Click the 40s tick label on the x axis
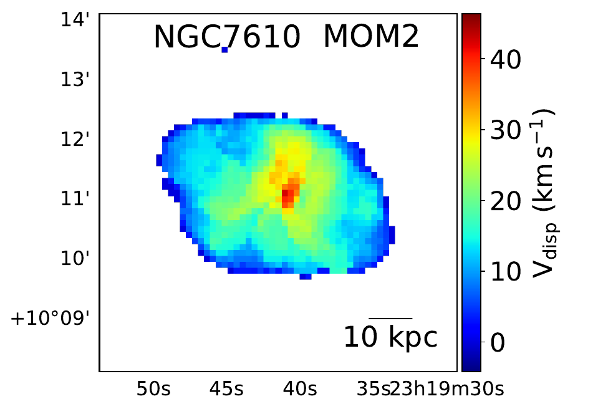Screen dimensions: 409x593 click(298, 390)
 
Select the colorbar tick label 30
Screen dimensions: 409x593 click(505, 131)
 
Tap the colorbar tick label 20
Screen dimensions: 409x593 click(505, 201)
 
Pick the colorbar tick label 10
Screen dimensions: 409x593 click(505, 272)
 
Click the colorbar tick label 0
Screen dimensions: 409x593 click(497, 342)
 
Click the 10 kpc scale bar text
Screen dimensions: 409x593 click(390, 337)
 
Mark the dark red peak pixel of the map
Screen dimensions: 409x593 click(286, 196)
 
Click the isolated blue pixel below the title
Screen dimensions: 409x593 click(224, 49)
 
